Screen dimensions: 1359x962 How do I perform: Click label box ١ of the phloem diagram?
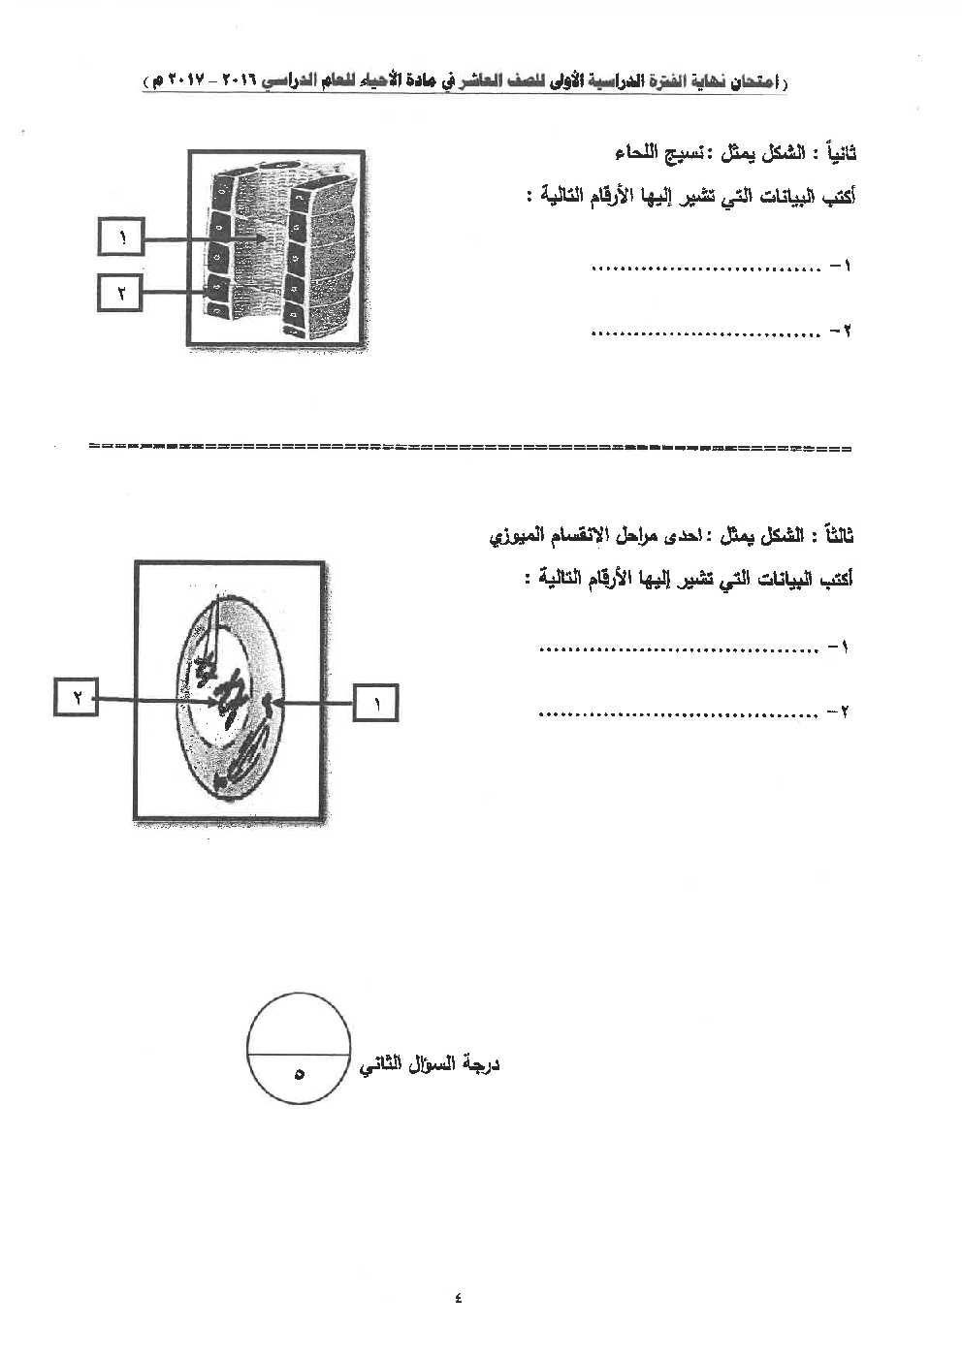click(x=121, y=237)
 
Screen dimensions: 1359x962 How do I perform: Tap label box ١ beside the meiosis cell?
click(x=375, y=701)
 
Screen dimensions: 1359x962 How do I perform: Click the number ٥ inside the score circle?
click(x=299, y=1074)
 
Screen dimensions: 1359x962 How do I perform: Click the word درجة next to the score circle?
click(x=478, y=1065)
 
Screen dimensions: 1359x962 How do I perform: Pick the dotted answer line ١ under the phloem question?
click(x=706, y=268)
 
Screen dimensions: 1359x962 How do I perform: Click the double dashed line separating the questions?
click(x=470, y=448)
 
